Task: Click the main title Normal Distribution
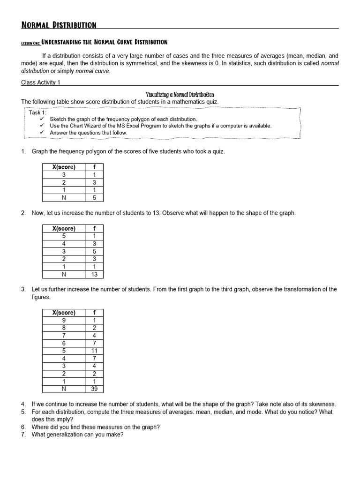(x=59, y=25)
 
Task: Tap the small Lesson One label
(x=30, y=43)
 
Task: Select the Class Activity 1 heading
(x=41, y=82)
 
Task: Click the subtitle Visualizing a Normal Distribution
(x=180, y=95)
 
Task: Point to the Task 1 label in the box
(x=37, y=112)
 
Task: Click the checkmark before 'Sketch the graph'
(x=42, y=119)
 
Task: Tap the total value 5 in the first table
(x=94, y=197)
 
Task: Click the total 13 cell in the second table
(x=94, y=274)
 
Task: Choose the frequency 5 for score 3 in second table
(x=94, y=251)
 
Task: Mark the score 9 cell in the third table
(x=64, y=320)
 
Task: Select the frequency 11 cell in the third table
(x=94, y=351)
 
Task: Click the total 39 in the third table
(x=94, y=389)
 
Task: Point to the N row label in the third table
(x=64, y=389)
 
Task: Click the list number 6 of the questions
(x=23, y=427)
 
